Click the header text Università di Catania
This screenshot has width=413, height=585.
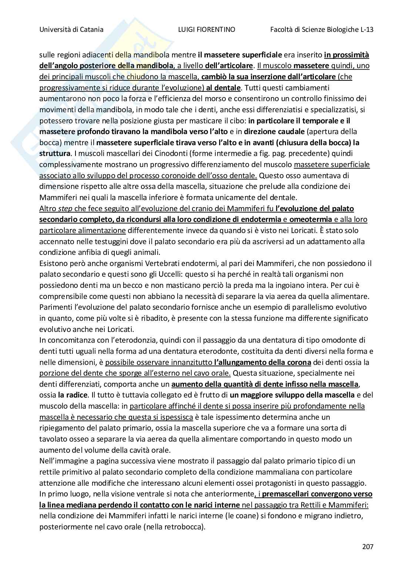coord(71,30)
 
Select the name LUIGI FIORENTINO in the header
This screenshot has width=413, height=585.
coord(206,30)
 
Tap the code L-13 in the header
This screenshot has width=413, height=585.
coord(366,30)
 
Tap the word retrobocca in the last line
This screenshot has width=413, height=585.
coord(185,527)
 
